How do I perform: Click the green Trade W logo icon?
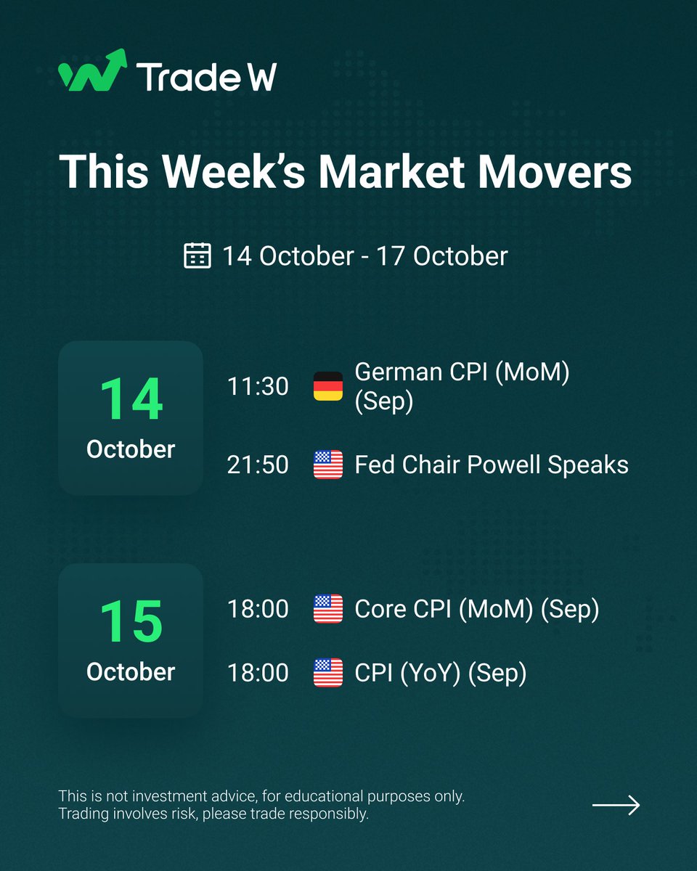click(x=92, y=71)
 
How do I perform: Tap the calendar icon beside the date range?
click(x=197, y=256)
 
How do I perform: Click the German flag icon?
click(x=327, y=386)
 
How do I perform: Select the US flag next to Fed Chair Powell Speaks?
click(x=327, y=465)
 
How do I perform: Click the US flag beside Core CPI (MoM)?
click(x=327, y=608)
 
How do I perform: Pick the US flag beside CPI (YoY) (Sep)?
click(x=327, y=673)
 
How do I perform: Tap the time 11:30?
click(x=258, y=386)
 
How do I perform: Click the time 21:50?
click(x=258, y=465)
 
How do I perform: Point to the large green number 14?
click(x=130, y=399)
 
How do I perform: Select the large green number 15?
click(x=130, y=622)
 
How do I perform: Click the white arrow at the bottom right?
click(x=616, y=805)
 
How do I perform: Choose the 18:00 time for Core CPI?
click(x=258, y=608)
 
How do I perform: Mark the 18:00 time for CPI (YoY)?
click(x=258, y=673)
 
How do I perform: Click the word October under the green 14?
click(x=131, y=449)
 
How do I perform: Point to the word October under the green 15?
click(x=131, y=671)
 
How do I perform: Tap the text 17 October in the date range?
click(x=441, y=256)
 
